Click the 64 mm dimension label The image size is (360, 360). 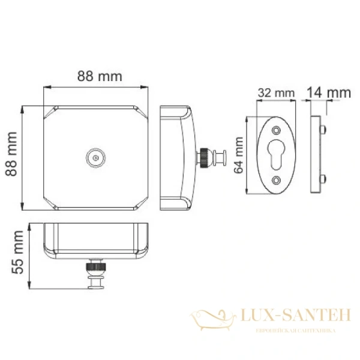coord(239,155)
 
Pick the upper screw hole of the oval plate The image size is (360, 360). coord(276,130)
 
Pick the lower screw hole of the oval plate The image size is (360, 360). coord(276,180)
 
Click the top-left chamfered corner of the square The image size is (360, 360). coord(50,112)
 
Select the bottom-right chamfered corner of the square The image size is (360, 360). coord(141,203)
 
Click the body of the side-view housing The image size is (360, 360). coord(177,157)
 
